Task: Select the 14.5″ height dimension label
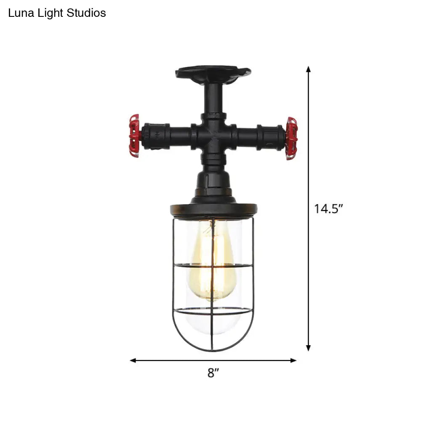pyautogui.click(x=328, y=209)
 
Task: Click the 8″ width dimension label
pyautogui.click(x=213, y=373)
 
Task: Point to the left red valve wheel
pyautogui.click(x=134, y=136)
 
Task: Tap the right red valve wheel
pyautogui.click(x=292, y=138)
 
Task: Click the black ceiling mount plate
pyautogui.click(x=213, y=72)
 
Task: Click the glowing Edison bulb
pyautogui.click(x=213, y=261)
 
